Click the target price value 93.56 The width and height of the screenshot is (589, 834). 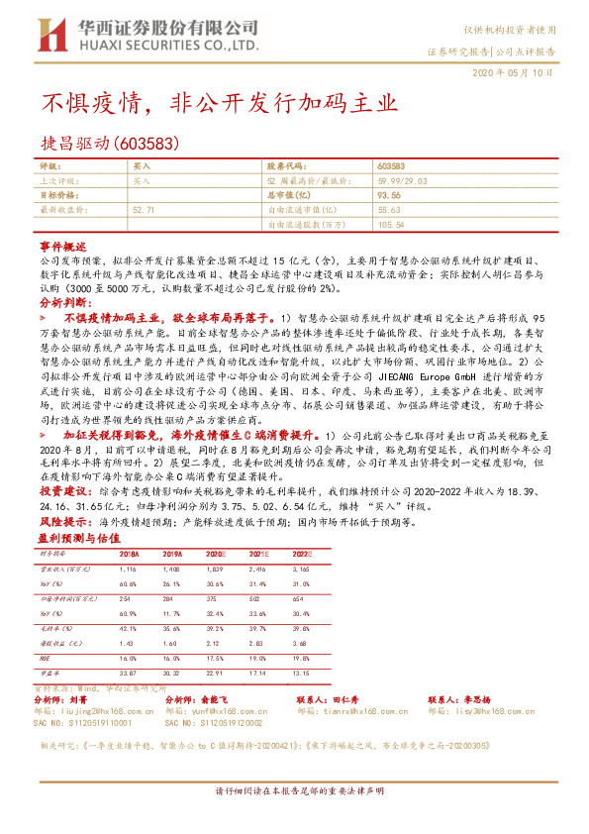coord(388,196)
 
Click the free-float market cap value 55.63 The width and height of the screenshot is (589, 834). coord(388,210)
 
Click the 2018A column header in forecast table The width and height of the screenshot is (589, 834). coord(130,554)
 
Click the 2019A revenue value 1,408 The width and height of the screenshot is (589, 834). coord(173,572)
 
